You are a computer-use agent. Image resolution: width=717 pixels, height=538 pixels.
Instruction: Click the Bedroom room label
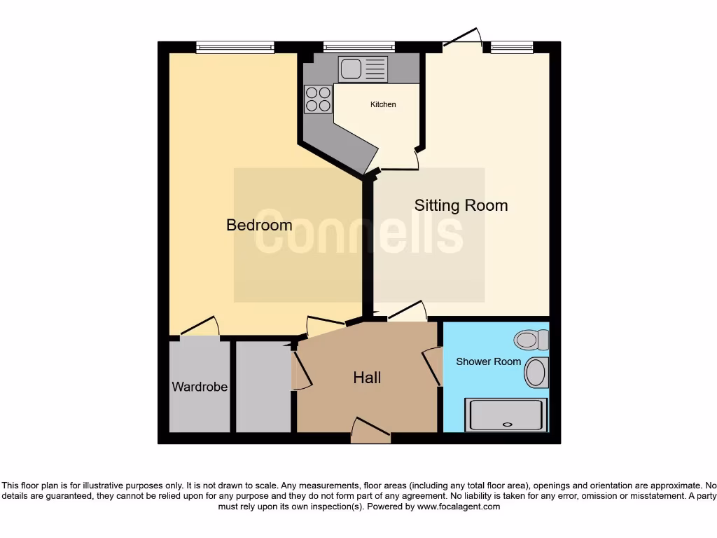pyautogui.click(x=259, y=225)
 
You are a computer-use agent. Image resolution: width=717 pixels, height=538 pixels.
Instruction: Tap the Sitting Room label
pyautogui.click(x=461, y=205)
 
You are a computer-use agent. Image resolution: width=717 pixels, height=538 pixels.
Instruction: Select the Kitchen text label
pyautogui.click(x=383, y=104)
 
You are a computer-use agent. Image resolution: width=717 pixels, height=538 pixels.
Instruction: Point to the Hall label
pyautogui.click(x=367, y=378)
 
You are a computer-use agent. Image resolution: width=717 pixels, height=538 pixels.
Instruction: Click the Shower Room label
pyautogui.click(x=488, y=361)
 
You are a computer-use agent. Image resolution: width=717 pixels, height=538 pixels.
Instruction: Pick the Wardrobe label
pyautogui.click(x=200, y=387)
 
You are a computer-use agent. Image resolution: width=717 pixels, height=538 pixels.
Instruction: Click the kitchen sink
pyautogui.click(x=362, y=69)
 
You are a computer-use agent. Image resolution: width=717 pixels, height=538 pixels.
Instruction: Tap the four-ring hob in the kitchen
pyautogui.click(x=319, y=99)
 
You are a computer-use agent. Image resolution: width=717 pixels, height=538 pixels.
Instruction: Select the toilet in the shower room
pyautogui.click(x=532, y=341)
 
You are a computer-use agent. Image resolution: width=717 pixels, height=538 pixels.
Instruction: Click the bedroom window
pyautogui.click(x=235, y=48)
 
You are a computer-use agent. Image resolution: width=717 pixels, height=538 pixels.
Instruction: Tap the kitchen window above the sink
pyautogui.click(x=359, y=48)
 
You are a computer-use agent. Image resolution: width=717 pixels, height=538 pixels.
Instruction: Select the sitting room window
pyautogui.click(x=512, y=48)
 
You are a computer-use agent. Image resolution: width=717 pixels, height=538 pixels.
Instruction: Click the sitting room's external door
pyautogui.click(x=463, y=41)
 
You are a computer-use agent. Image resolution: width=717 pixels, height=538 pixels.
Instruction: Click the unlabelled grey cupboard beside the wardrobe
pyautogui.click(x=263, y=387)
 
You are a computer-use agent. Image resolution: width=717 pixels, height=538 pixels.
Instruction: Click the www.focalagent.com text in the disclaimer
pyautogui.click(x=458, y=506)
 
